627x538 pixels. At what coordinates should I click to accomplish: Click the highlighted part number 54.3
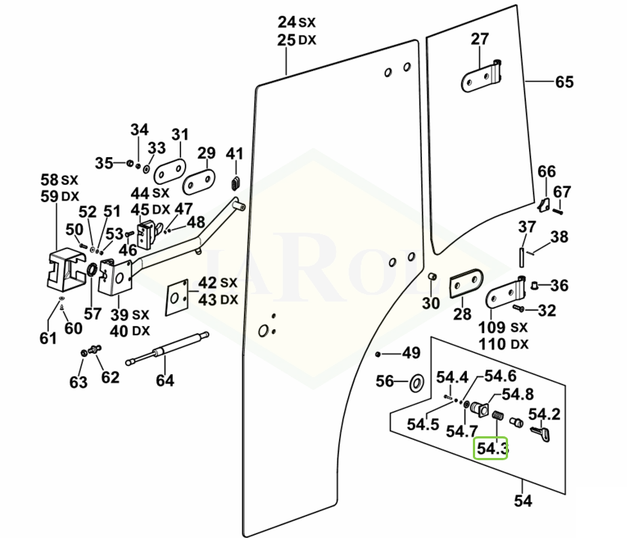tap(492, 449)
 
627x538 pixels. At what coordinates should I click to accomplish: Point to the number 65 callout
tap(564, 82)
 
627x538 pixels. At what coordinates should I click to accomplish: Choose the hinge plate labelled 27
tap(482, 77)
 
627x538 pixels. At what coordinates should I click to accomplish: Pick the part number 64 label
tap(165, 380)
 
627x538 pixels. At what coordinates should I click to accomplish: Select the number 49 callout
tap(412, 353)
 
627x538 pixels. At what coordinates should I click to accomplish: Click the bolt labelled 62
tap(95, 349)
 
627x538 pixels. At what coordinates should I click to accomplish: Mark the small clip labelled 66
tap(545, 203)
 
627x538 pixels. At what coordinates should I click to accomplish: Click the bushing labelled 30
tap(432, 280)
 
